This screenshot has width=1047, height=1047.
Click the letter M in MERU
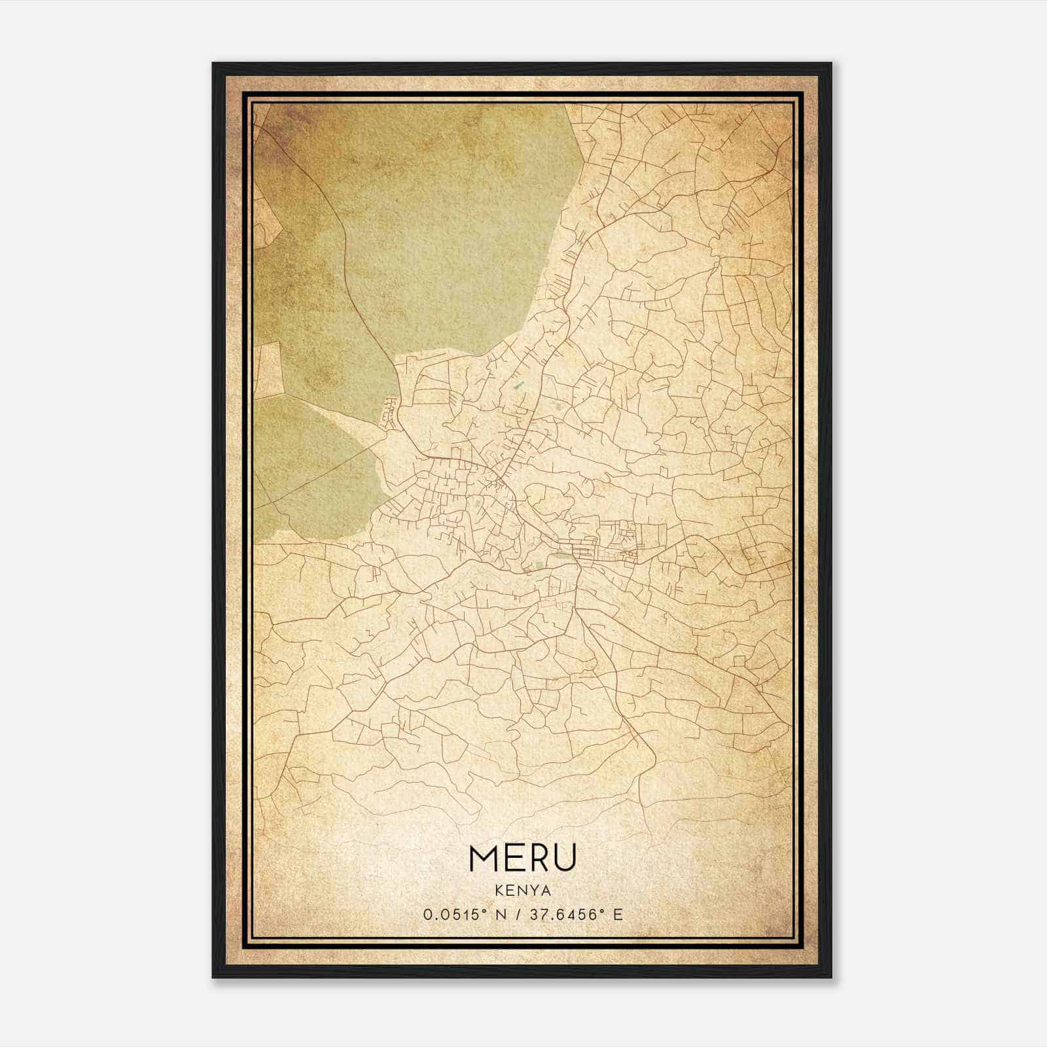click(485, 858)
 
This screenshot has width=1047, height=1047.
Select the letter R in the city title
click(539, 858)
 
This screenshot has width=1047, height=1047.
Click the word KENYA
click(523, 891)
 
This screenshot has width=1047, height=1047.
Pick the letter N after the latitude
click(501, 915)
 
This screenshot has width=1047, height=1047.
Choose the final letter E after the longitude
click(618, 915)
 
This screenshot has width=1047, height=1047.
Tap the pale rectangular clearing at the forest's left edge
click(267, 370)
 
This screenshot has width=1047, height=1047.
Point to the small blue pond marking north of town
click(519, 386)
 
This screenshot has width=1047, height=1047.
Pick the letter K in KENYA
click(499, 891)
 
